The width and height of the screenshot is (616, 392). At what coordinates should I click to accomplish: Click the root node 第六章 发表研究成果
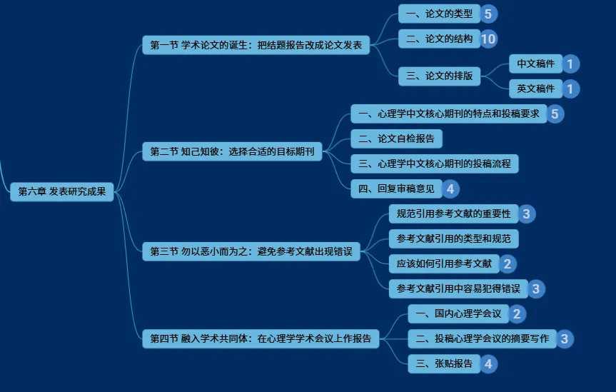(x=61, y=191)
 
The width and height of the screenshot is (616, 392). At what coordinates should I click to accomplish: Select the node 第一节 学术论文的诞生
(x=256, y=46)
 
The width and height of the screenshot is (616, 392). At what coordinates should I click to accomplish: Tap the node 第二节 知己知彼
(x=232, y=151)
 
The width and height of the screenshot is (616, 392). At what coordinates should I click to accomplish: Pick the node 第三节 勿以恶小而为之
(x=251, y=251)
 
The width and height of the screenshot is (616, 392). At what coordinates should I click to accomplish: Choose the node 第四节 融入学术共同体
(x=261, y=338)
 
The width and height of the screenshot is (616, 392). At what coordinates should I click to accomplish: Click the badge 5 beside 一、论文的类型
(x=488, y=14)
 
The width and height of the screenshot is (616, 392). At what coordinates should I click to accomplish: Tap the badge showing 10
(x=488, y=39)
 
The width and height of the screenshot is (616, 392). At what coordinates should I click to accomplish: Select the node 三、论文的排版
(x=439, y=76)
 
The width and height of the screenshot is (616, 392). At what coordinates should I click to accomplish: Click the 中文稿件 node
(x=536, y=64)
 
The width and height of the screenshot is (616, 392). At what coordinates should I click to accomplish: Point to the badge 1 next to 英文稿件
(x=570, y=89)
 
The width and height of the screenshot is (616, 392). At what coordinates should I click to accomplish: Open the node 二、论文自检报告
(x=396, y=139)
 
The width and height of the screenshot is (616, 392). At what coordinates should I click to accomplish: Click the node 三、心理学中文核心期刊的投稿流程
(x=434, y=164)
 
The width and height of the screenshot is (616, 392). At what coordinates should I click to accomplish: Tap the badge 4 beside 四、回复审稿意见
(x=450, y=189)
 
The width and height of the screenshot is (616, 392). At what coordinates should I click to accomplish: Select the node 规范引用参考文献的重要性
(x=453, y=213)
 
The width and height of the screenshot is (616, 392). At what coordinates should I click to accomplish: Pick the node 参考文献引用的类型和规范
(x=453, y=238)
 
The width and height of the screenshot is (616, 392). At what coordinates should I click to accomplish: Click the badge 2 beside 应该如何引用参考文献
(x=508, y=264)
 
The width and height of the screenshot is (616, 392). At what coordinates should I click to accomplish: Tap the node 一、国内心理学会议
(x=458, y=313)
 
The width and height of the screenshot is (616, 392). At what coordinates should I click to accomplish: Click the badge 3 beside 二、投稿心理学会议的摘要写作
(x=565, y=339)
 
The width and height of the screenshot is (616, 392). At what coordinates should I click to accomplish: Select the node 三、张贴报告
(x=443, y=364)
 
